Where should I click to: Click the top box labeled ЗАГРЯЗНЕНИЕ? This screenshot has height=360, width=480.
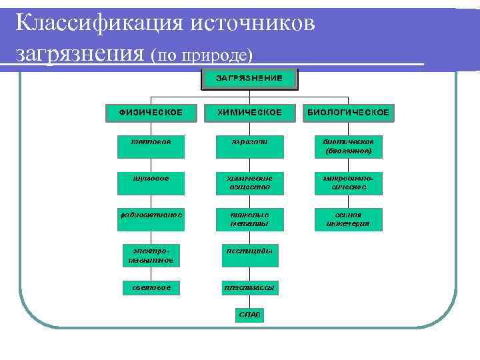(248, 79)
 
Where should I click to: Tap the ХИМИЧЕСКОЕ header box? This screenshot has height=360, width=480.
(249, 113)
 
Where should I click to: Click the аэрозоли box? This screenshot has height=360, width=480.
(249, 147)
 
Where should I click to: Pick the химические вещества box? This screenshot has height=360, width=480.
(249, 183)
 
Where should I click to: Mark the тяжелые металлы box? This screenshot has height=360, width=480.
(249, 219)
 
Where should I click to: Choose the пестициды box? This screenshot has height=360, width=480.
(249, 252)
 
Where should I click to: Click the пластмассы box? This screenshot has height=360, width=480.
(249, 288)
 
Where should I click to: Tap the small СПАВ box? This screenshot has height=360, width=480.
(249, 314)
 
